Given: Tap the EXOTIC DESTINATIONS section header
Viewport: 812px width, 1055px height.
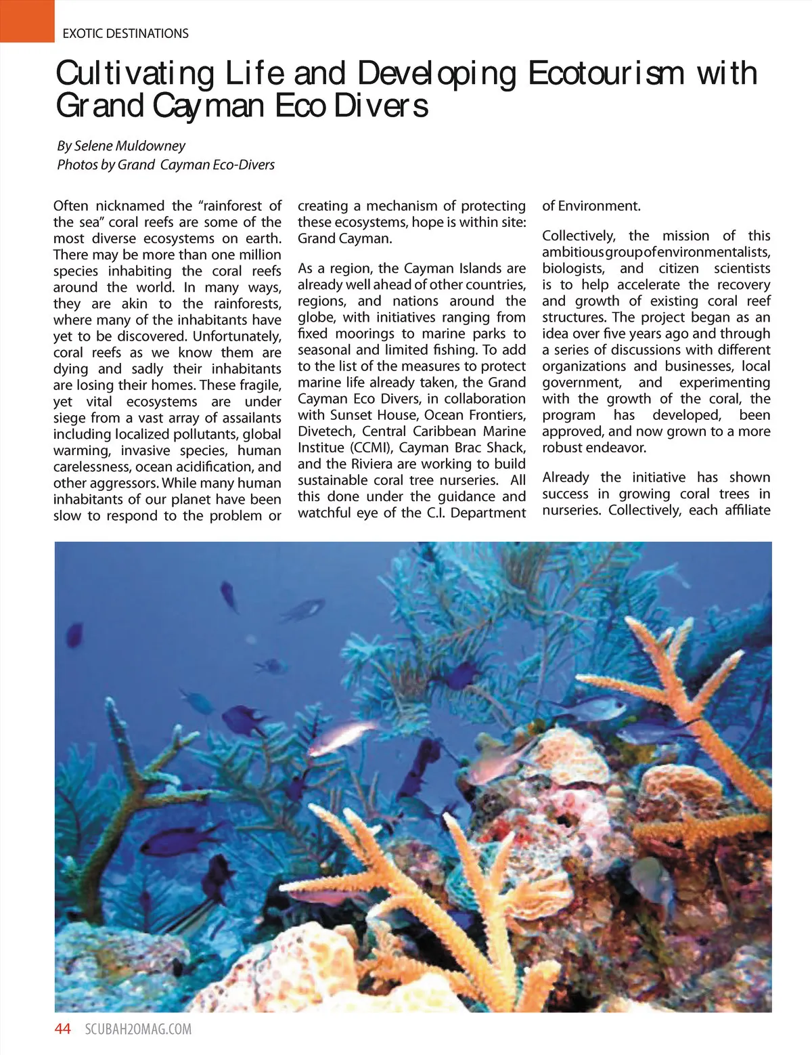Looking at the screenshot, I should click(x=125, y=33).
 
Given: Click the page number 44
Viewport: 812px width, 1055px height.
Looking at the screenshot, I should click(x=62, y=1029).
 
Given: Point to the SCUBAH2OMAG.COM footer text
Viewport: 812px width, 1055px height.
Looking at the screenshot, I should click(x=138, y=1030).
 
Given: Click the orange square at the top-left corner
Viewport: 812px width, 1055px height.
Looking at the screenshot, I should click(x=27, y=21).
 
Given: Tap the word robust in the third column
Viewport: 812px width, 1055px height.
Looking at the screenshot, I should click(x=563, y=448).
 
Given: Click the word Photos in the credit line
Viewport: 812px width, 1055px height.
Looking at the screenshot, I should click(x=77, y=165).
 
